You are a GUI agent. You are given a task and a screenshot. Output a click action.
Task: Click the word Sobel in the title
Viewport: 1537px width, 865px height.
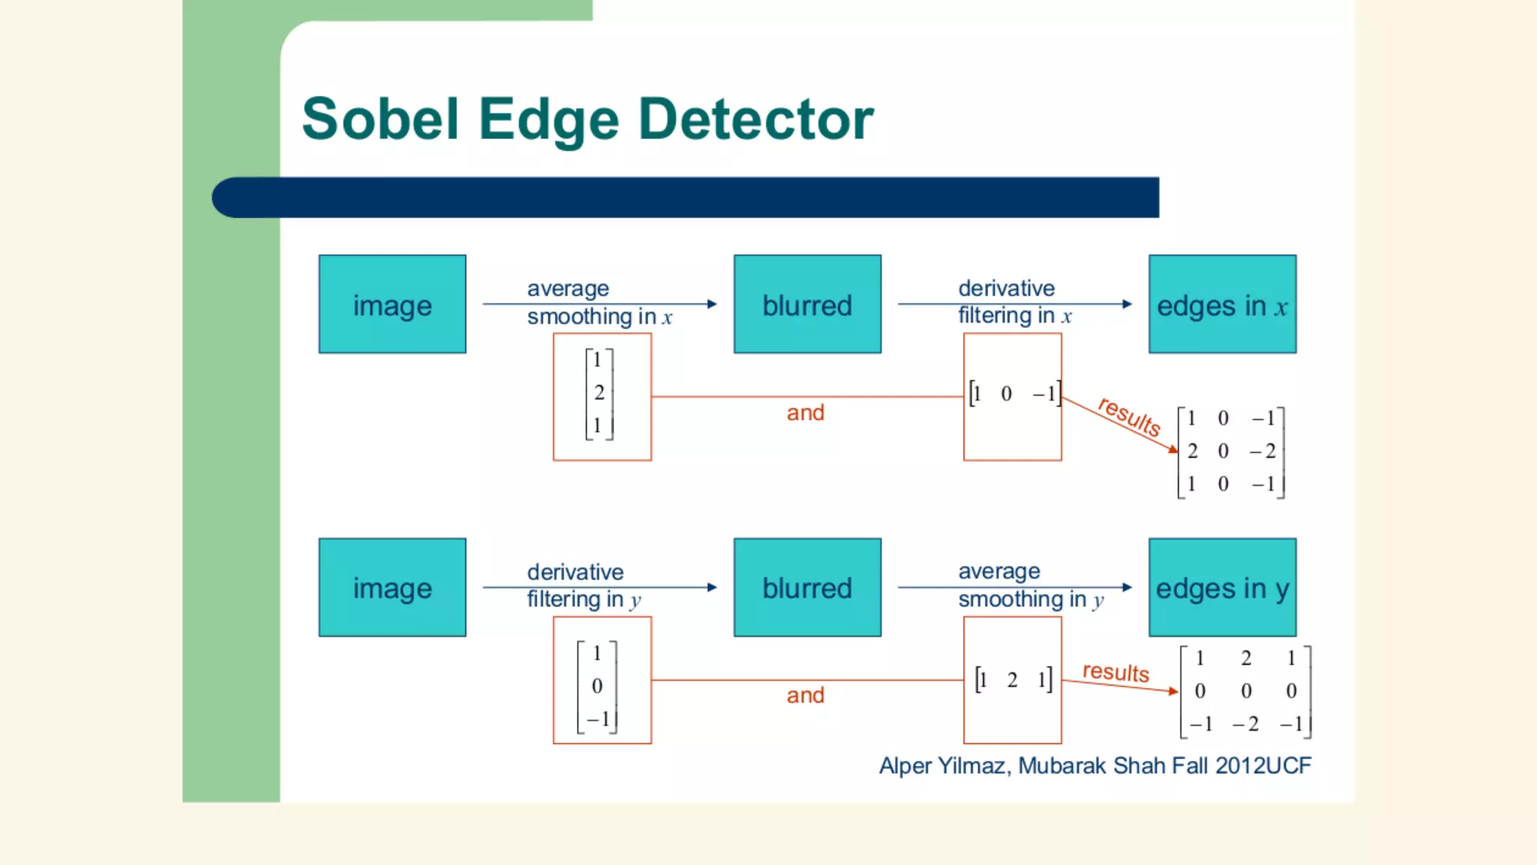pyautogui.click(x=380, y=119)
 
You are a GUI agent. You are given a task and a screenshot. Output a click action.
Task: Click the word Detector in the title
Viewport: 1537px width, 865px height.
pyautogui.click(x=756, y=119)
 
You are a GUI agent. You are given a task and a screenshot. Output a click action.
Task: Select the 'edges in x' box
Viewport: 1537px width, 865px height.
pyautogui.click(x=1222, y=304)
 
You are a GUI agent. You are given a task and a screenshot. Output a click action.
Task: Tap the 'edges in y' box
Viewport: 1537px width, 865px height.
pyautogui.click(x=1222, y=588)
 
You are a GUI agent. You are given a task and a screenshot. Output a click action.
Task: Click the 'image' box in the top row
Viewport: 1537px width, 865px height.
pyautogui.click(x=393, y=304)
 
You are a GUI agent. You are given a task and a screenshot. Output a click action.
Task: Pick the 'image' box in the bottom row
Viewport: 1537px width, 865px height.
pyautogui.click(x=393, y=588)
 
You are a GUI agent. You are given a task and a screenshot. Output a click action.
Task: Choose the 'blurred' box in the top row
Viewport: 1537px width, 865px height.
pyautogui.click(x=808, y=304)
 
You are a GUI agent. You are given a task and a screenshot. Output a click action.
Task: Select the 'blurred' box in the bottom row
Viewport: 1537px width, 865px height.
pyautogui.click(x=808, y=588)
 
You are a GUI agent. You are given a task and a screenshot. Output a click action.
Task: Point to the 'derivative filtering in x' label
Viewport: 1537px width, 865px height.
pyautogui.click(x=1014, y=302)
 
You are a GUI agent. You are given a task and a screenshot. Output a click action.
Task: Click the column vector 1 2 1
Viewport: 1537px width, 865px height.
pyautogui.click(x=599, y=393)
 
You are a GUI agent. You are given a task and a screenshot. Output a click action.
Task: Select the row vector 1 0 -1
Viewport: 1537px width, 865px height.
pyautogui.click(x=1014, y=393)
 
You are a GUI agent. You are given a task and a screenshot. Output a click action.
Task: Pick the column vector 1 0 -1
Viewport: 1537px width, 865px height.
pyautogui.click(x=597, y=686)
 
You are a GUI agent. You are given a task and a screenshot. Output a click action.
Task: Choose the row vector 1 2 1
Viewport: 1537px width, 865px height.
pyautogui.click(x=1013, y=680)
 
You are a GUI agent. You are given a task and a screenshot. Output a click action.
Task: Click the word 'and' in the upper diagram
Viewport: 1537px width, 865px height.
pyautogui.click(x=805, y=412)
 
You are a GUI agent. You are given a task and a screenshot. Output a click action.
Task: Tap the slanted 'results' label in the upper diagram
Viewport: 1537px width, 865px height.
pyautogui.click(x=1129, y=416)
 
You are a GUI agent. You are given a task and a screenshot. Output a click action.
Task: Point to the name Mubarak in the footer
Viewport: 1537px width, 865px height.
pyautogui.click(x=1061, y=766)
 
